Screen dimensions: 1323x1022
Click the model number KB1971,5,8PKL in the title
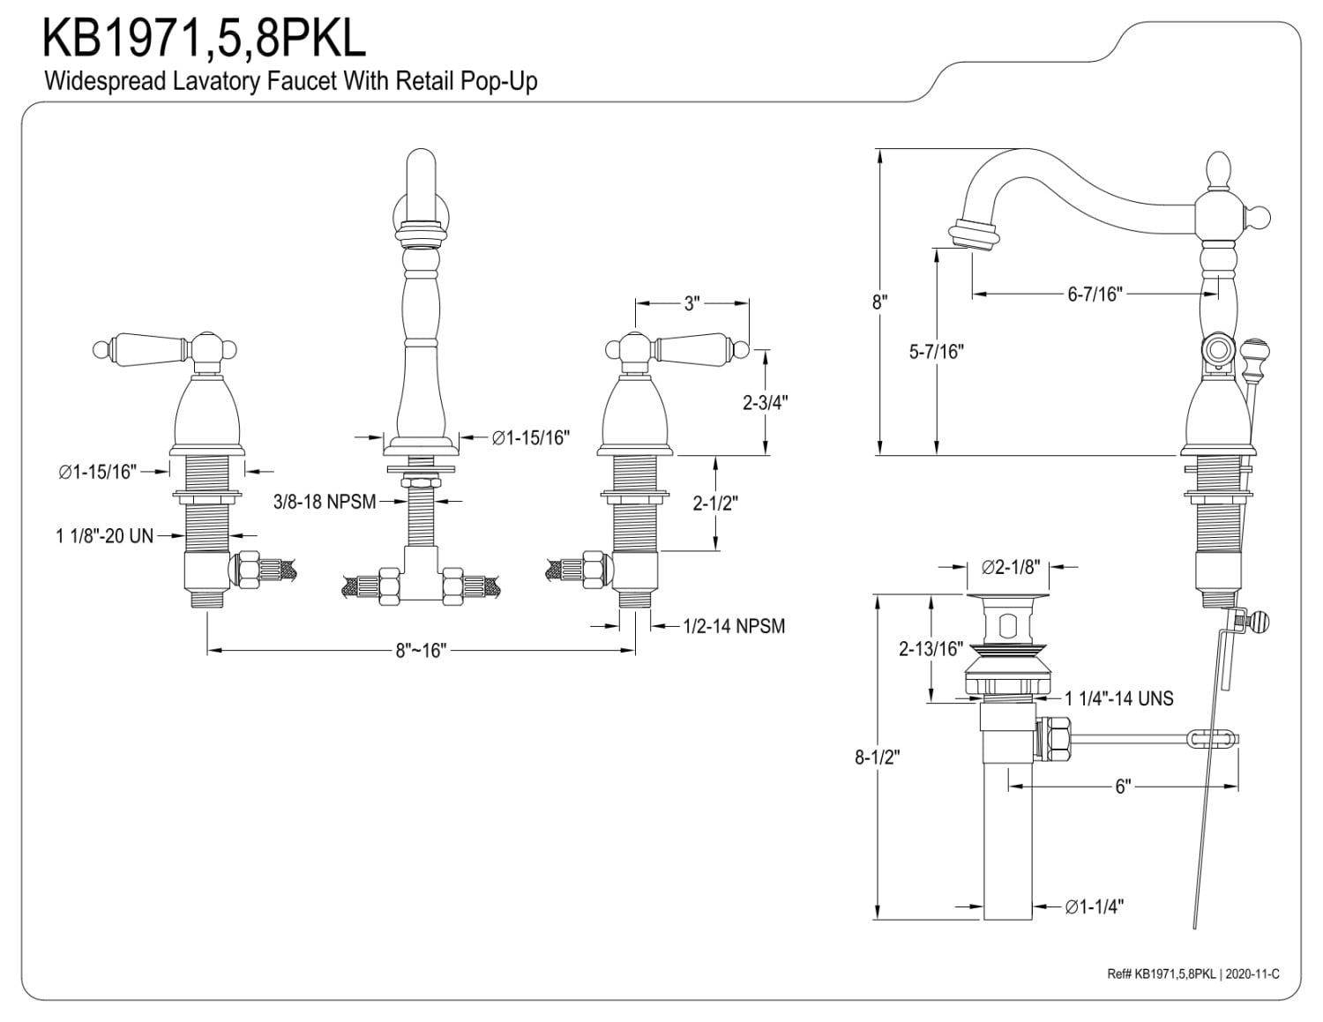pos(205,39)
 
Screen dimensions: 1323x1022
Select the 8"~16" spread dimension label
pos(421,651)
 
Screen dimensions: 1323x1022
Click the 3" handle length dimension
pos(691,303)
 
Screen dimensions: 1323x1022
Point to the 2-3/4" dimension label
pos(766,402)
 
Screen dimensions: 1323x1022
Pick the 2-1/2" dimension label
pos(715,504)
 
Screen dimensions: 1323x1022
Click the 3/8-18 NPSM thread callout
pos(325,502)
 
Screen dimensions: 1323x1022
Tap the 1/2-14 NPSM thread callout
pos(734,626)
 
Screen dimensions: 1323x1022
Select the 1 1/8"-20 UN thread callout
pos(105,535)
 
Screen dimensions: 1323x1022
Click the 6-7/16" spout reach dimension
pos(1095,294)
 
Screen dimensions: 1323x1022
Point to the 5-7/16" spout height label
pos(937,351)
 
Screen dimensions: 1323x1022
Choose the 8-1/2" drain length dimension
pos(878,757)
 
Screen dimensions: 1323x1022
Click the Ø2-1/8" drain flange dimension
pos(1011,567)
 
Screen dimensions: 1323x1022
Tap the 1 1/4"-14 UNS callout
pos(1119,698)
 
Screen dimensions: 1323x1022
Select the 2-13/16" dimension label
pos(931,649)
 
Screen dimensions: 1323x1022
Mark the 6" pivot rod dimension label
pos(1123,787)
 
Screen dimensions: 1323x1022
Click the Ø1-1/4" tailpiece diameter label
pos(1094,907)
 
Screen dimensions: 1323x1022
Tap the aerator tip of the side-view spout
pos(974,236)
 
